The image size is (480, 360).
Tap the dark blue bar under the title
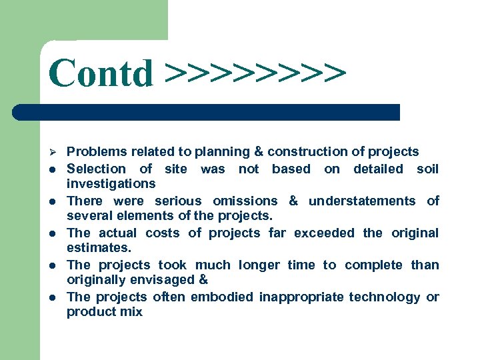pyautogui.click(x=207, y=112)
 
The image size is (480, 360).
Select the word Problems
pyautogui.click(x=97, y=152)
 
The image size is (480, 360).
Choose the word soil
pyautogui.click(x=427, y=169)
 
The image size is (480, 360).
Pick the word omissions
pyautogui.click(x=245, y=201)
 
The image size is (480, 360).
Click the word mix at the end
pyautogui.click(x=131, y=312)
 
